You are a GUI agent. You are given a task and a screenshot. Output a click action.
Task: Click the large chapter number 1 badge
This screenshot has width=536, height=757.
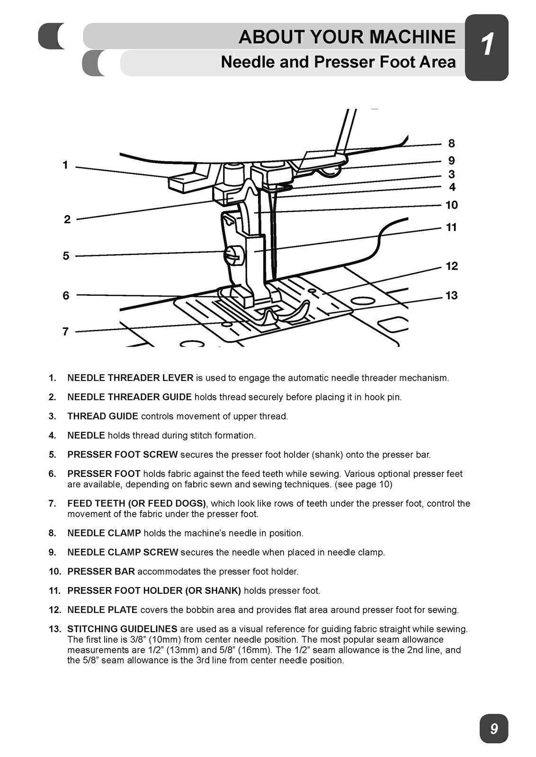click(x=486, y=47)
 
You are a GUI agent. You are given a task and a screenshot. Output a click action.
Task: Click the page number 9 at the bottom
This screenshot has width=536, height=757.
click(x=493, y=729)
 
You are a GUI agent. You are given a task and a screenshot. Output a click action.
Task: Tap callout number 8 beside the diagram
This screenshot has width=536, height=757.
click(x=451, y=143)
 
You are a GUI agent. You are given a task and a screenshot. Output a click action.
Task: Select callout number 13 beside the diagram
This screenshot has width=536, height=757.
click(x=451, y=296)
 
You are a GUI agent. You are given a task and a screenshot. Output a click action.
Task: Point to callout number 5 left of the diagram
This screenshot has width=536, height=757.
click(x=66, y=256)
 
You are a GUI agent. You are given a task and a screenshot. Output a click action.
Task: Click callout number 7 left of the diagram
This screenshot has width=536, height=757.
click(x=66, y=331)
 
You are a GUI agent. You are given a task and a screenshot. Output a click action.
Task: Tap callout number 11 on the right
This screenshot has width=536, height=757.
click(x=451, y=228)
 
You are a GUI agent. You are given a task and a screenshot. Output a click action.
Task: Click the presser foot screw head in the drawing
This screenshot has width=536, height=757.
click(x=232, y=255)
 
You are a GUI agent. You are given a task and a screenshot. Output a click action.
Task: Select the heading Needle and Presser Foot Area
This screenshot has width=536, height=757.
click(x=338, y=62)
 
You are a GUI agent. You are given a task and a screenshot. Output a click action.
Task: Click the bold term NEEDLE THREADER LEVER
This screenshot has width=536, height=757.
click(x=130, y=378)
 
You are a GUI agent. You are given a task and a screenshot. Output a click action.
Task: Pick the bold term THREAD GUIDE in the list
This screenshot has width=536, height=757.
click(x=103, y=416)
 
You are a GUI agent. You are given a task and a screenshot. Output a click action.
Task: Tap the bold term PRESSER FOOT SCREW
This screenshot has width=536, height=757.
click(x=122, y=455)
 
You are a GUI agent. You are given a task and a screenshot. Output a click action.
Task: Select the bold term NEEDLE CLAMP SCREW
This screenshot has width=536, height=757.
click(x=123, y=552)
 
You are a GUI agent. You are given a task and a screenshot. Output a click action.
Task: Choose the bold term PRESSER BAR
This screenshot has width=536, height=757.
click(x=101, y=572)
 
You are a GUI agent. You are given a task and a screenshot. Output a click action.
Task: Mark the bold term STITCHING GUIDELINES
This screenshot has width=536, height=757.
click(x=122, y=629)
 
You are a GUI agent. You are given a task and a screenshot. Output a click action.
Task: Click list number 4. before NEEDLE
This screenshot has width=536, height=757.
click(x=53, y=435)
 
